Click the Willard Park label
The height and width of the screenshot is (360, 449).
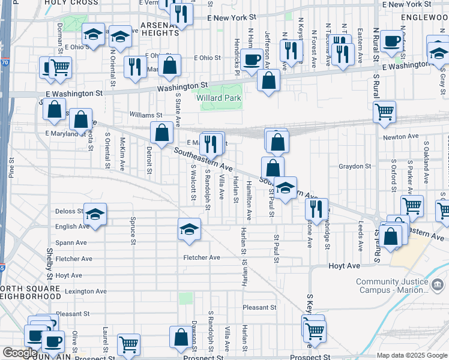coord(221,98)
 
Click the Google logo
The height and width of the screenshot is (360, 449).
coord(20,353)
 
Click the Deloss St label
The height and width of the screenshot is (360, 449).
coord(69,211)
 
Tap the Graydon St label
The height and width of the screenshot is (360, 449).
coord(355,166)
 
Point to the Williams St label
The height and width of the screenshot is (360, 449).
coord(146,115)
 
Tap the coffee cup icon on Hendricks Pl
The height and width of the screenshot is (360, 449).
coord(253,58)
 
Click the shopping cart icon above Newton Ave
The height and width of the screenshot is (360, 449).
coord(384,111)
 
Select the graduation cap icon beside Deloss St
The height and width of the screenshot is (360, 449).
coord(94,214)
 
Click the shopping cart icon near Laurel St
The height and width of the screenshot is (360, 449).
coord(128,344)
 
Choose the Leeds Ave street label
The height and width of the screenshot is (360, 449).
coord(361,238)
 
